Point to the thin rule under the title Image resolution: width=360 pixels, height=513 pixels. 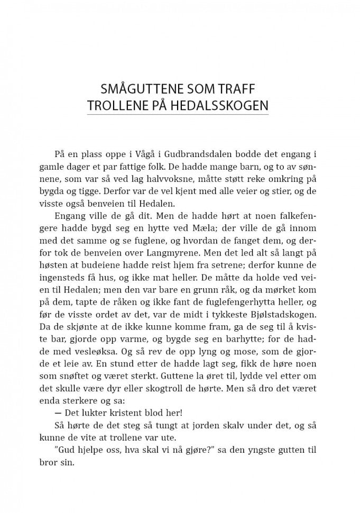coord(178,114)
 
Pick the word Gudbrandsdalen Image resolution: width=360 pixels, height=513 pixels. coord(181,154)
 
